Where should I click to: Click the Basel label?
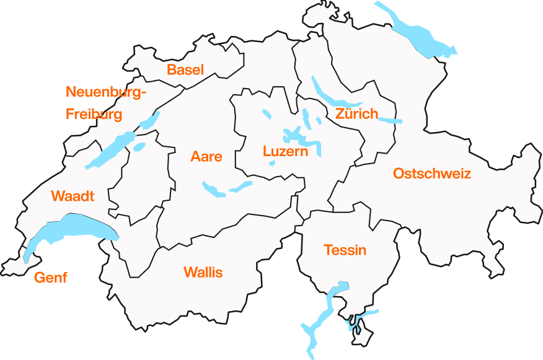[185, 69]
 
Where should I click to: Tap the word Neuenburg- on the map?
[106, 92]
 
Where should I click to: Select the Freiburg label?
[94, 114]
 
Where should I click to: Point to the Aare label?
[206, 156]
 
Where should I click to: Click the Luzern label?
[285, 151]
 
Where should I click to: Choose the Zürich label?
[356, 114]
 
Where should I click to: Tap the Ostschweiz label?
[432, 173]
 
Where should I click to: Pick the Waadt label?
[73, 196]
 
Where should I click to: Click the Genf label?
[50, 277]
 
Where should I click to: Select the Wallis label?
[203, 272]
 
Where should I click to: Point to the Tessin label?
[345, 250]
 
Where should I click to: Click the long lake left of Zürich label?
[329, 94]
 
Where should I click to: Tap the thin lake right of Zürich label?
[391, 120]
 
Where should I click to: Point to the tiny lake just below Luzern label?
[272, 164]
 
